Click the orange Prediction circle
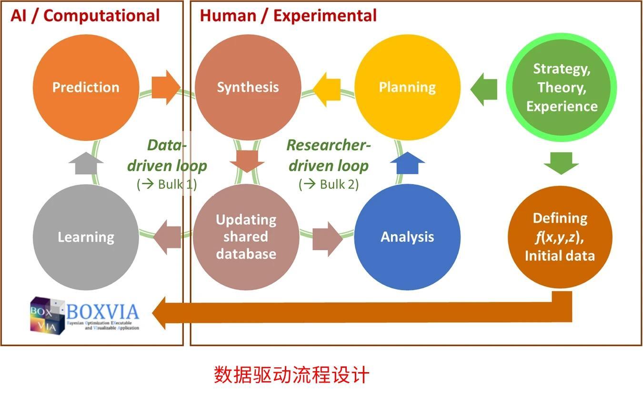point(86,88)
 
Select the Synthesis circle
point(248,88)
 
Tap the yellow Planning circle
point(407,88)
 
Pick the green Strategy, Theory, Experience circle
point(561,88)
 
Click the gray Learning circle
point(86,237)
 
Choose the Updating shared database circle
point(246,237)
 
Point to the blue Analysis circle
point(407,237)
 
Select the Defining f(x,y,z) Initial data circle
point(560,237)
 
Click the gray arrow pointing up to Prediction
point(86,164)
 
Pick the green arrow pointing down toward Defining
point(561,163)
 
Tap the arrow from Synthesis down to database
point(247,161)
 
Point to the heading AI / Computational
point(85,16)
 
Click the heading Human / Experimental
point(288,16)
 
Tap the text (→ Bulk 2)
point(329,184)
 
